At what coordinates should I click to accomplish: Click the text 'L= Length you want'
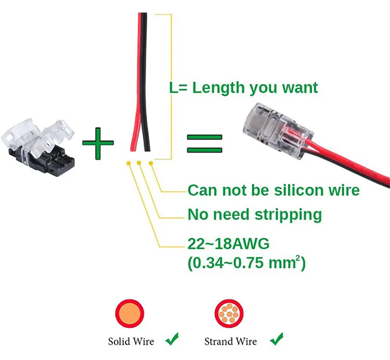point(243,87)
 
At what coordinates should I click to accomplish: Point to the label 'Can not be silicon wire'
point(273,190)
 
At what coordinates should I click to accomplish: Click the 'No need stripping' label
point(254,214)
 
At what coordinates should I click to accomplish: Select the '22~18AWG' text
point(228,243)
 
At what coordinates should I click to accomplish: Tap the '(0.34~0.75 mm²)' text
point(246,262)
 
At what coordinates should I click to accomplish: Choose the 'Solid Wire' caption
point(131,342)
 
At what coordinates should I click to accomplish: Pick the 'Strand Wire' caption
point(230,342)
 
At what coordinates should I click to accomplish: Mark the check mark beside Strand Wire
point(276,340)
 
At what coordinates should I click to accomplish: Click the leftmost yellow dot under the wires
point(127,164)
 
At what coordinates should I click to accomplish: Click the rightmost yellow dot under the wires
point(151,164)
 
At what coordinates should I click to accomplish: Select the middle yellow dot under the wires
point(139,164)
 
